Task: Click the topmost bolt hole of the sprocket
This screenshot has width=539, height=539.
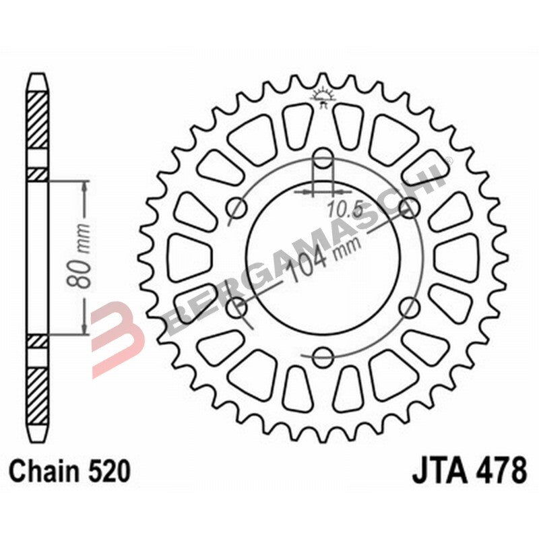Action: [x=324, y=160]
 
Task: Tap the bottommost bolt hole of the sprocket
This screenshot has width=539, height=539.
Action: [x=324, y=356]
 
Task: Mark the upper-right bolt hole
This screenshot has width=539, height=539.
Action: [x=409, y=208]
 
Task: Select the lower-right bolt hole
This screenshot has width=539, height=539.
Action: [x=409, y=309]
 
